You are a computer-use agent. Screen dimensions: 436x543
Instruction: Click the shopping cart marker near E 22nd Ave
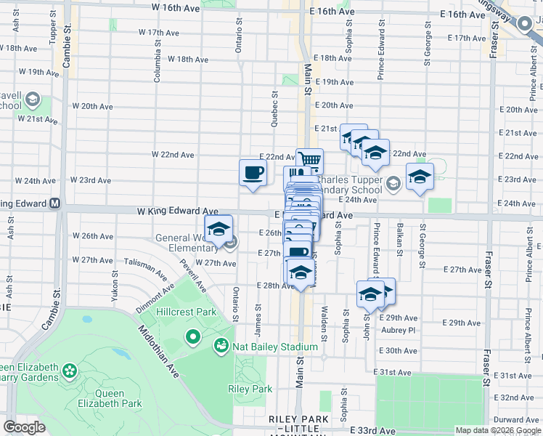point(309,159)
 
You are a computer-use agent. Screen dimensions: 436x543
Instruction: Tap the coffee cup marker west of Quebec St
point(253,173)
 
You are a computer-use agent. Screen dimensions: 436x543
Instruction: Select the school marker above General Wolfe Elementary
point(219,229)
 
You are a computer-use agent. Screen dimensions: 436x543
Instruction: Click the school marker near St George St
point(420,177)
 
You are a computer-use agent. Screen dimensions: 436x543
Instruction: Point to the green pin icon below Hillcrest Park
point(192,336)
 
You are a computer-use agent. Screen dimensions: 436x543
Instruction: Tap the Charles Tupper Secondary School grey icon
point(393,182)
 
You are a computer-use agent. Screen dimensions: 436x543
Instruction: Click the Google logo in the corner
point(24,427)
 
